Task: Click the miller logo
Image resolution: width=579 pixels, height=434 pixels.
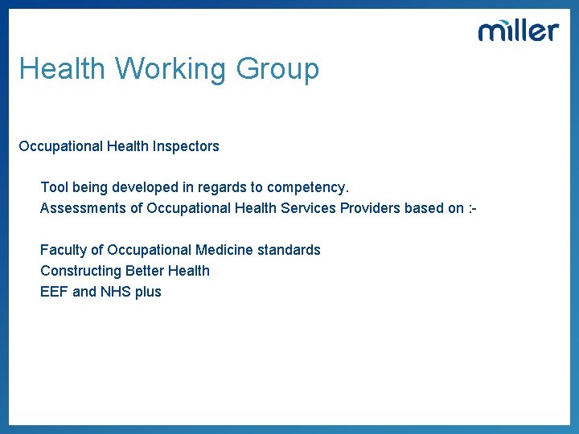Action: [x=518, y=31]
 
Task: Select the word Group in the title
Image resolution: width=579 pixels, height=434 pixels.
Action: [x=277, y=69]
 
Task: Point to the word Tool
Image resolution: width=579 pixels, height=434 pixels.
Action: [x=54, y=187]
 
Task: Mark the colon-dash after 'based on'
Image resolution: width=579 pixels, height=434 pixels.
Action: [x=473, y=208]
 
